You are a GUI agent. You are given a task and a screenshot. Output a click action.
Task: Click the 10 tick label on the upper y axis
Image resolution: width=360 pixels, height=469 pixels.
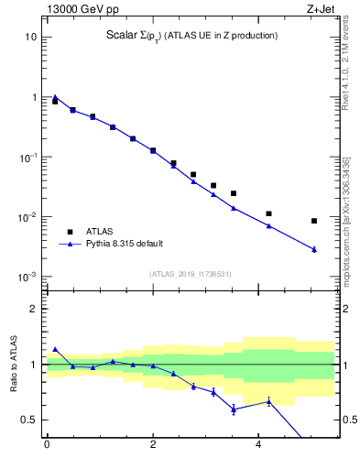tap(31, 37)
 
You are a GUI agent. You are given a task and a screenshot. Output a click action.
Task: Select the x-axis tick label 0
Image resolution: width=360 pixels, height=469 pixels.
tap(47, 449)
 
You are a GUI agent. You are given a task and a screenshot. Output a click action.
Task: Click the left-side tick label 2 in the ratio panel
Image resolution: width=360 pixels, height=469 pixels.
tap(34, 309)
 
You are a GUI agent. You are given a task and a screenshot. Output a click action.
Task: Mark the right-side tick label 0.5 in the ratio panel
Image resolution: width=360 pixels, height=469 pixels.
tap(347, 420)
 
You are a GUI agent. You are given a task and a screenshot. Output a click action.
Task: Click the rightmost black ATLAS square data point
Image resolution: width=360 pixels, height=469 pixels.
tap(314, 221)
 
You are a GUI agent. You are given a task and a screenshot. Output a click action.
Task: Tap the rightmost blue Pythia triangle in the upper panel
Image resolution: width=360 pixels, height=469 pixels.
tap(314, 249)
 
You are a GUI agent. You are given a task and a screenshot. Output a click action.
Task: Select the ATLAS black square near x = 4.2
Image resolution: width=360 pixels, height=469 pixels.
tap(268, 213)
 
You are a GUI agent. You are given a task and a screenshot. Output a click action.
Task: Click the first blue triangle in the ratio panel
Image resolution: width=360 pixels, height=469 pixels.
tap(55, 349)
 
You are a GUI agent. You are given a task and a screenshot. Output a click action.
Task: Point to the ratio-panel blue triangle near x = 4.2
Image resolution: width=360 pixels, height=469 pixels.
tap(268, 401)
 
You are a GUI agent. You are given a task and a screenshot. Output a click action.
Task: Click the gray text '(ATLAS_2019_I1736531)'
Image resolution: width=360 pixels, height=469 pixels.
tap(191, 274)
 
